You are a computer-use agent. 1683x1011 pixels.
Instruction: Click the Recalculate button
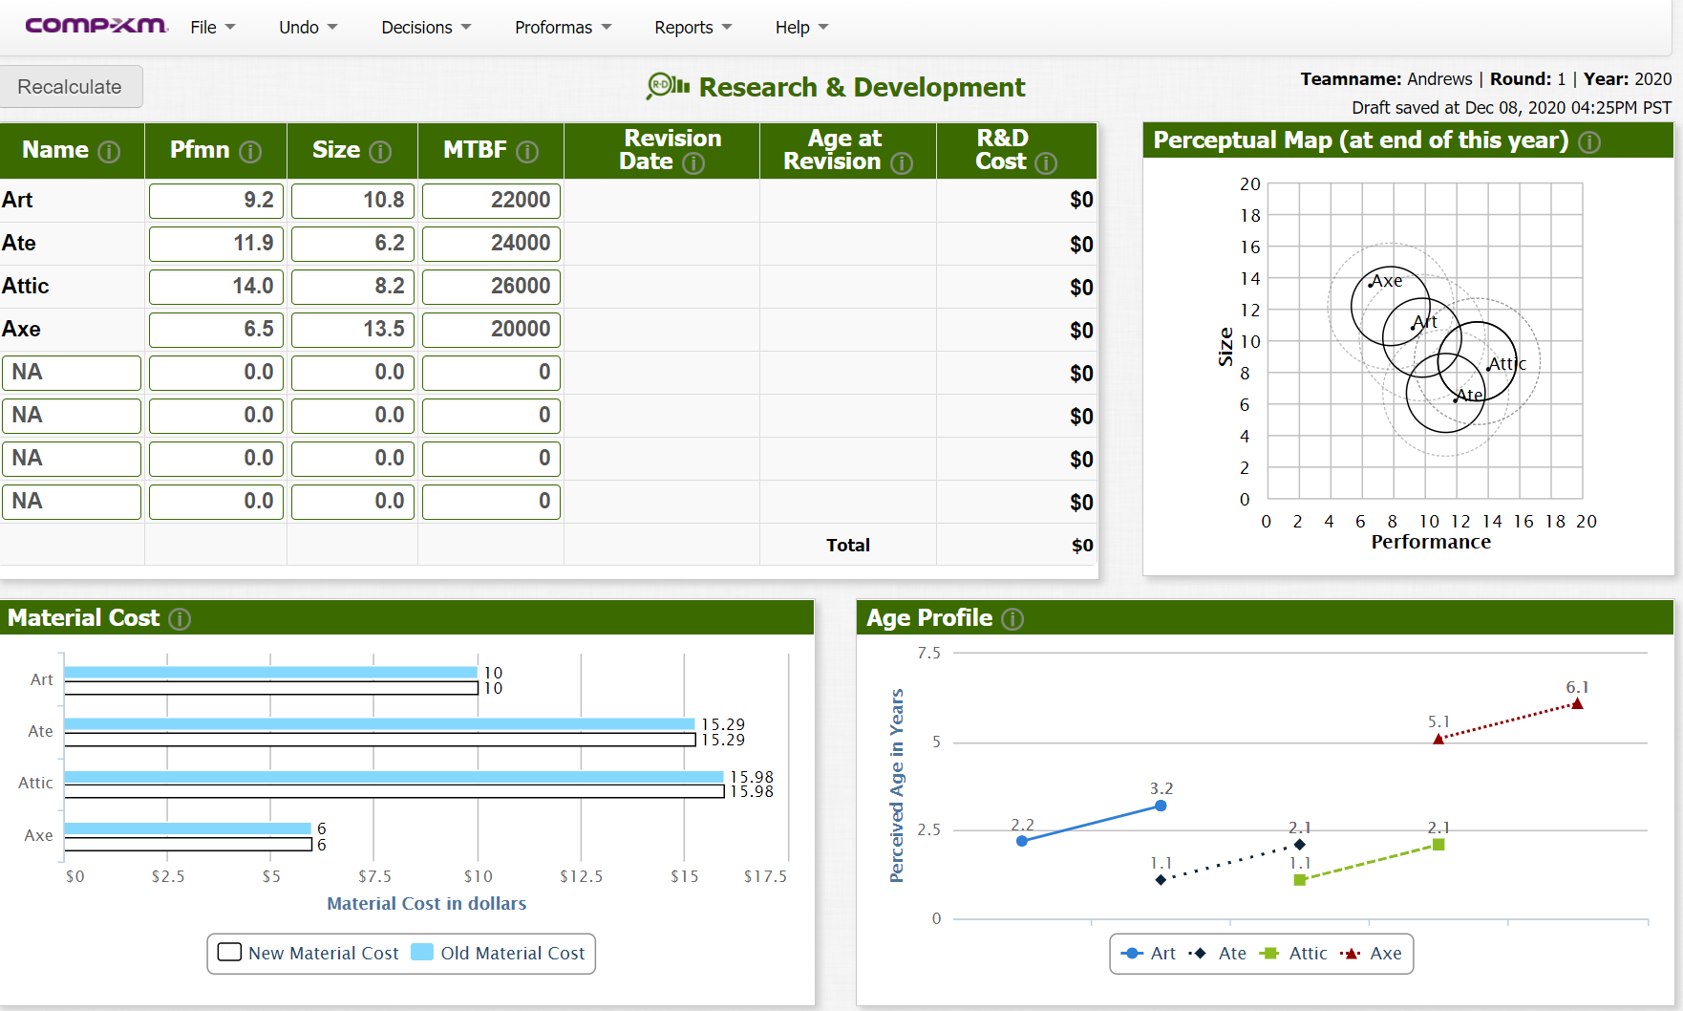coord(71,87)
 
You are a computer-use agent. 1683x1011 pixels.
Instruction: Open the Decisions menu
coord(426,28)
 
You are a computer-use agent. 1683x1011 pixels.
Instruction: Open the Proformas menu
coord(563,28)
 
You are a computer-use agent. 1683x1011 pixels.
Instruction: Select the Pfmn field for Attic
coord(216,287)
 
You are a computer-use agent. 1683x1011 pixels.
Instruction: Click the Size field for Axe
coord(352,330)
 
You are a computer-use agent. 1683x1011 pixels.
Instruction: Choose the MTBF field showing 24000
coord(491,244)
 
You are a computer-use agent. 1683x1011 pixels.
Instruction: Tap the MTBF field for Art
coord(491,201)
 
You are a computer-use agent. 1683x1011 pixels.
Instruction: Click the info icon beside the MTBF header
coord(527,152)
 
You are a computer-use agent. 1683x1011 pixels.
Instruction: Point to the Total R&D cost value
coord(1082,546)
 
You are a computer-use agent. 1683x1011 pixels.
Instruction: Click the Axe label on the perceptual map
coord(1387,280)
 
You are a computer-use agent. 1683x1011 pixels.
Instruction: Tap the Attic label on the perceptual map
coord(1507,363)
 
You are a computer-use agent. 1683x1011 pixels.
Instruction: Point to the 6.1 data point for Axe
coord(1577,704)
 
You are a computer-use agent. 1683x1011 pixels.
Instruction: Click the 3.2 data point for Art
coord(1161,806)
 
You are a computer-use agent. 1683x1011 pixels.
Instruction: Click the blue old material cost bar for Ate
coord(379,724)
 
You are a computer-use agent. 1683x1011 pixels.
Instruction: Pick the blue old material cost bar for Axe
coord(187,828)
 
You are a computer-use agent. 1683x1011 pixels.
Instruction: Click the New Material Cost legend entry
coord(309,953)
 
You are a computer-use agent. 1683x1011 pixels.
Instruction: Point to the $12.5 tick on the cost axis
coord(581,876)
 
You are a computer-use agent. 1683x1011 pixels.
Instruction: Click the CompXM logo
coord(96,26)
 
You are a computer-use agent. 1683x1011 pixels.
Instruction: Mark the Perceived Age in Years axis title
coord(897,785)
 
